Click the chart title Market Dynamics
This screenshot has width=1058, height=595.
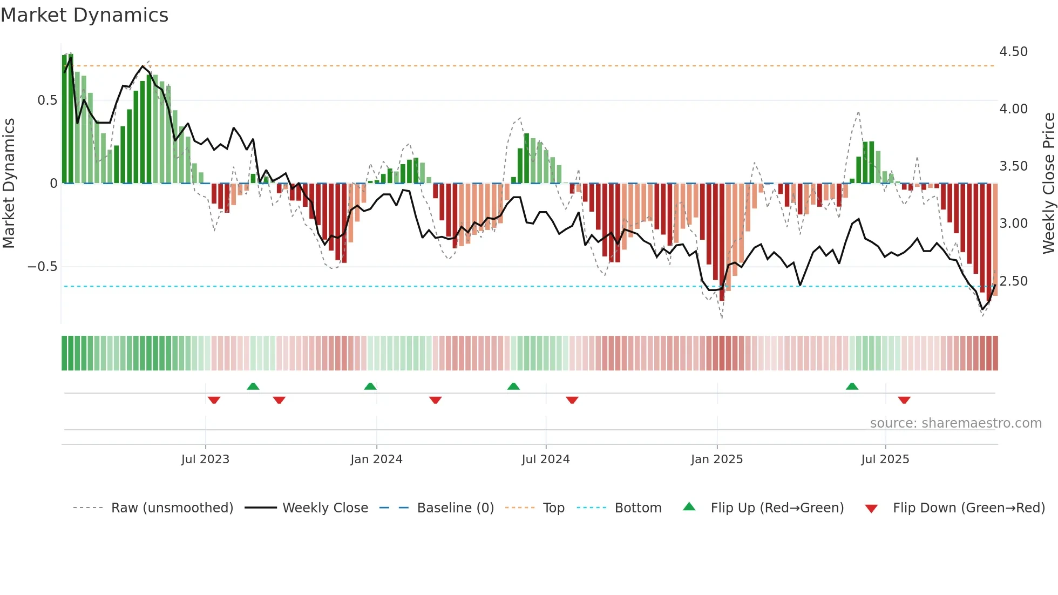point(85,15)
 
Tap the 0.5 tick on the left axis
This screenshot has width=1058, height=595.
point(48,100)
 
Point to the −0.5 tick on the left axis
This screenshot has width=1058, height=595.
point(43,267)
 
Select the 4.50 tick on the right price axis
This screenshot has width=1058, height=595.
point(1013,52)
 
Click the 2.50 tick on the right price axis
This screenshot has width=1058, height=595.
point(1013,281)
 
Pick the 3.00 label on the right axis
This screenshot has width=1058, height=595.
point(1013,224)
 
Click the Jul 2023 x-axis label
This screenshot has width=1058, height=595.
point(205,459)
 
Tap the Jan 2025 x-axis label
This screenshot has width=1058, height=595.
point(717,459)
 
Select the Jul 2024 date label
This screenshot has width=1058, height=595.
point(546,459)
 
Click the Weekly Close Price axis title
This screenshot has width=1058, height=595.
point(1048,184)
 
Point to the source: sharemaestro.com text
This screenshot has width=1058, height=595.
point(956,423)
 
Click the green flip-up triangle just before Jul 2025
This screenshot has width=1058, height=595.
point(852,387)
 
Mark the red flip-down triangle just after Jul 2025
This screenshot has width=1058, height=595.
point(904,400)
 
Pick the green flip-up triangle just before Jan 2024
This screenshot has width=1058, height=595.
point(370,387)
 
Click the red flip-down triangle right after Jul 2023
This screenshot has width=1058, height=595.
point(214,400)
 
